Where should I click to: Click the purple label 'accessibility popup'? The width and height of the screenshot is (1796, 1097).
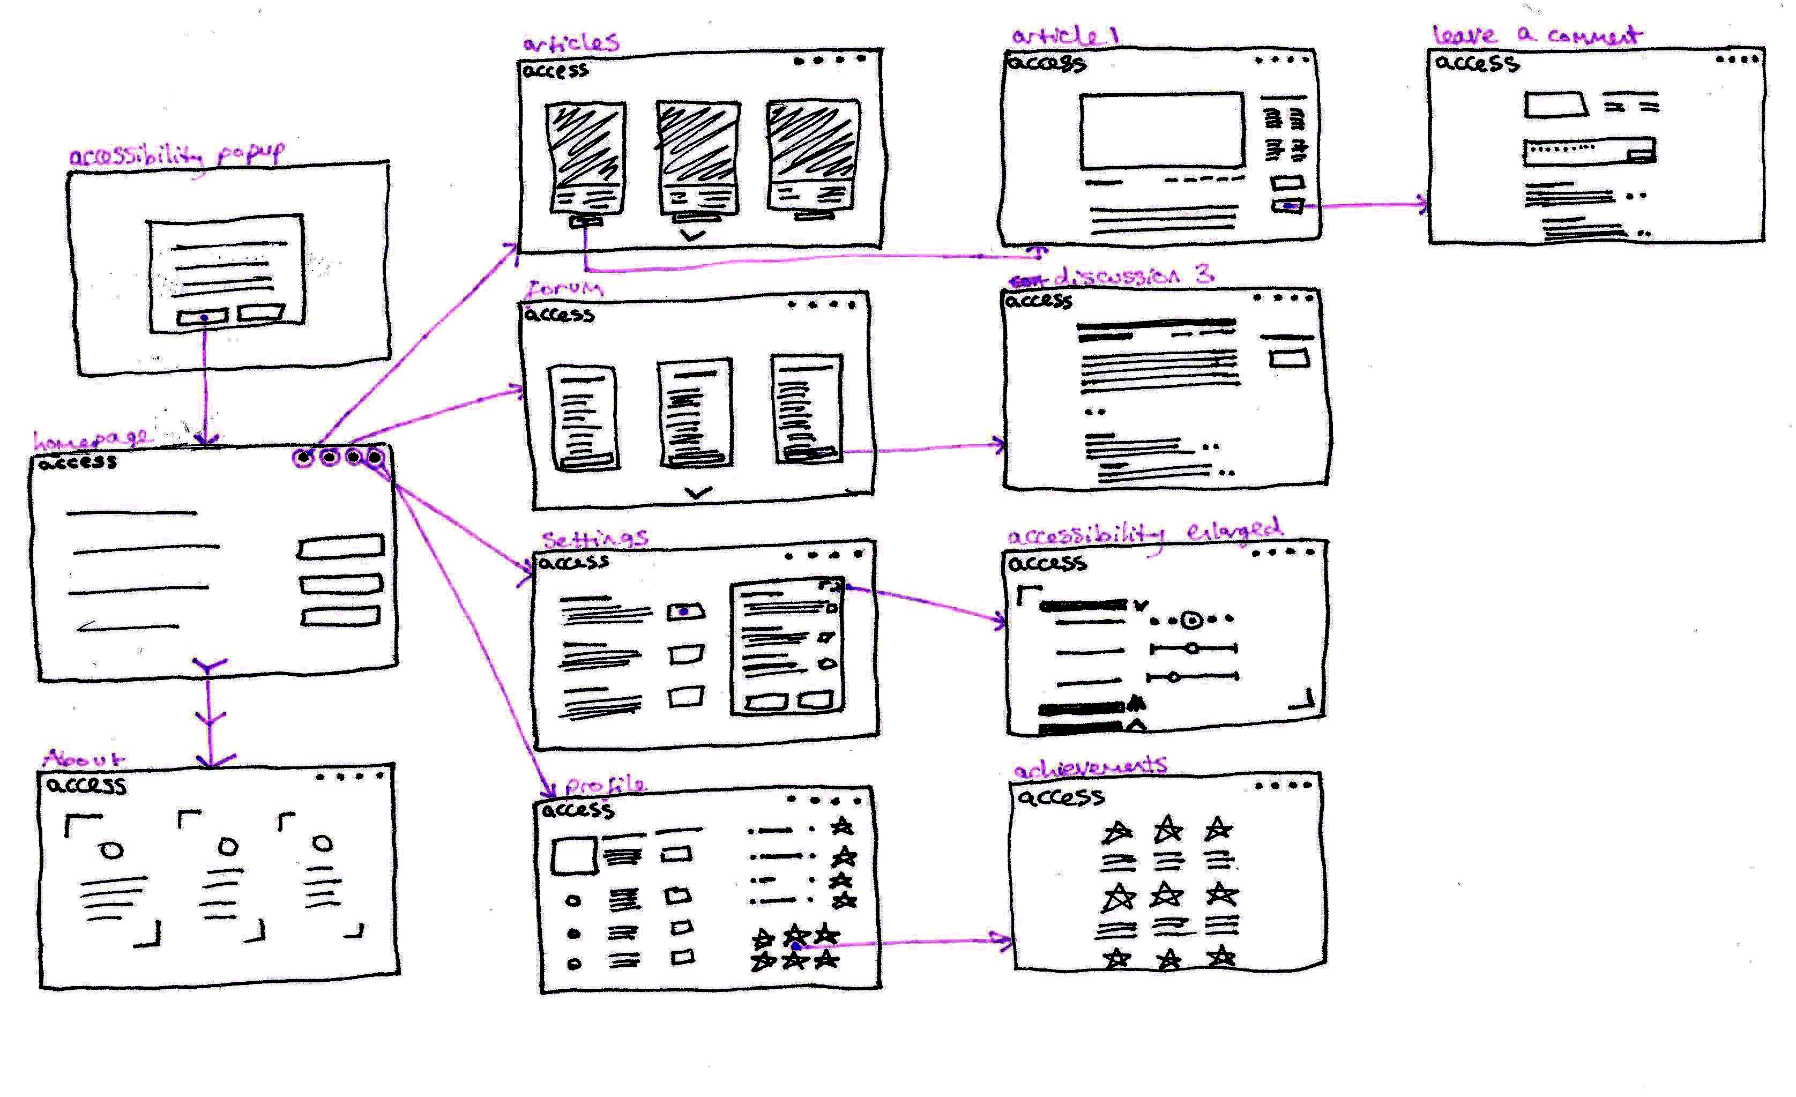pyautogui.click(x=176, y=154)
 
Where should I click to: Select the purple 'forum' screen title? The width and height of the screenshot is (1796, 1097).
pyautogui.click(x=565, y=289)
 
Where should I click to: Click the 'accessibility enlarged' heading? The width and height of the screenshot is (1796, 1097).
pyautogui.click(x=1144, y=533)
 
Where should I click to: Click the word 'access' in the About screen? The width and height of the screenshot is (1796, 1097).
pyautogui.click(x=86, y=785)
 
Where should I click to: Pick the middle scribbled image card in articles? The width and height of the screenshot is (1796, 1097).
pyautogui.click(x=698, y=143)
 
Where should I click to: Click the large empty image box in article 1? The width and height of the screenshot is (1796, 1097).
pyautogui.click(x=1162, y=130)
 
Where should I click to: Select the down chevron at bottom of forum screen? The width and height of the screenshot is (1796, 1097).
pyautogui.click(x=698, y=492)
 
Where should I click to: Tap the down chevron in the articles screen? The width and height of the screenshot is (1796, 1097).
pyautogui.click(x=692, y=235)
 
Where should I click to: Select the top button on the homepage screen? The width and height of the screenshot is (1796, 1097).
pyautogui.click(x=340, y=547)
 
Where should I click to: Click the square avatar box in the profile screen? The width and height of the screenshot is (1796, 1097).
pyautogui.click(x=573, y=854)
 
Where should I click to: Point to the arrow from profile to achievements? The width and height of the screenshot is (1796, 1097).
pyautogui.click(x=911, y=943)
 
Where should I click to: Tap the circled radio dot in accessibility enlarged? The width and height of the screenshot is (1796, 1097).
pyautogui.click(x=1191, y=620)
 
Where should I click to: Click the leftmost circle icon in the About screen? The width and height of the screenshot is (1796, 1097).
pyautogui.click(x=111, y=850)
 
